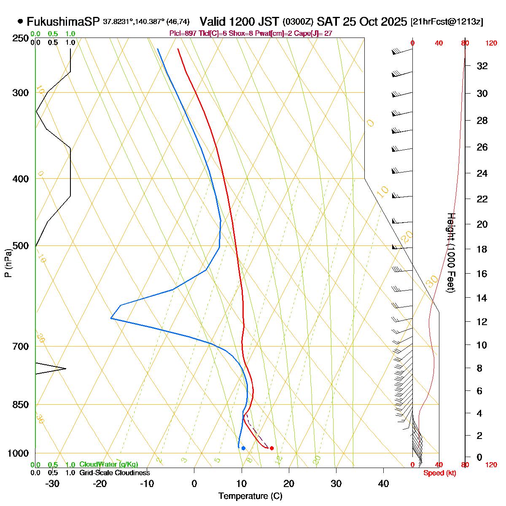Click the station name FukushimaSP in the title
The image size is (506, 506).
[x=63, y=22]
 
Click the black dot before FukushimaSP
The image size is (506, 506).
[x=20, y=22]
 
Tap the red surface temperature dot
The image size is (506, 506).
[x=272, y=448]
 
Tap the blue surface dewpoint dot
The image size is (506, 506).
[x=243, y=448]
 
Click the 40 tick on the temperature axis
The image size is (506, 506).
[x=383, y=484]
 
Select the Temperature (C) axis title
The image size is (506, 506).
[x=250, y=496]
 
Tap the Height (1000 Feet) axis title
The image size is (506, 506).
[x=450, y=253]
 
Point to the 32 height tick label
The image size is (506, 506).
[x=482, y=66]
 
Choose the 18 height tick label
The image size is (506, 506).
[x=482, y=249]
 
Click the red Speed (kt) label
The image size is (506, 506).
[x=440, y=473]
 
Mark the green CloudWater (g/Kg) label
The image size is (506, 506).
[x=108, y=464]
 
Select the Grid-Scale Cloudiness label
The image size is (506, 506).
[x=114, y=473]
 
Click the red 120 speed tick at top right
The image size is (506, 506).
[x=491, y=43]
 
